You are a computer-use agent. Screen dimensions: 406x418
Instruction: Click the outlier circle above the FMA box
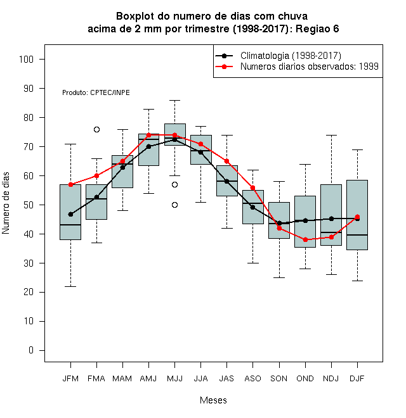tap(96, 130)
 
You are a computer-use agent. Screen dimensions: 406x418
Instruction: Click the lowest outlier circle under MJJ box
tap(174, 205)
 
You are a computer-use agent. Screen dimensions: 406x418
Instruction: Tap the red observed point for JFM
tap(71, 184)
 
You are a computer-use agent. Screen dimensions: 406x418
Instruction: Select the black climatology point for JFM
tap(71, 214)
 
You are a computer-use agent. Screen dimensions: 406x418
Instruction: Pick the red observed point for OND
tap(306, 239)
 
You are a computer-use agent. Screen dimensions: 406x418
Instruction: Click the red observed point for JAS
tap(226, 161)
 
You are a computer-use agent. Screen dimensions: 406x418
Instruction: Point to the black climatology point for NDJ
tap(332, 219)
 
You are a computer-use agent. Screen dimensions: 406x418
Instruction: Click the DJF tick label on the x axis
tap(357, 379)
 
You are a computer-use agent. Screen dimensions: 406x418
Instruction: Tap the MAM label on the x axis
tap(122, 379)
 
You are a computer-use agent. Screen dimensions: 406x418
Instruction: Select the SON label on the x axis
tap(279, 379)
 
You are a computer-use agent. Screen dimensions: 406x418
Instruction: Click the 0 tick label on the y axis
tap(31, 350)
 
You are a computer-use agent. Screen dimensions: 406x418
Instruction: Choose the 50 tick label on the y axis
tap(29, 205)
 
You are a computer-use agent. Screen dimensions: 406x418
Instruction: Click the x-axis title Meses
tap(213, 400)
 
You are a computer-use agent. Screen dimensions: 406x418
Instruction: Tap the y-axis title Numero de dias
tap(6, 203)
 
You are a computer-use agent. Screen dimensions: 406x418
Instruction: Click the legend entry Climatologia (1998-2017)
tap(291, 56)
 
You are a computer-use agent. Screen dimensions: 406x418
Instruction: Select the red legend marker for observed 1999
tap(225, 66)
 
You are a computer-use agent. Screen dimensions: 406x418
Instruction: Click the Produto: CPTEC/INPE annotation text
tap(96, 92)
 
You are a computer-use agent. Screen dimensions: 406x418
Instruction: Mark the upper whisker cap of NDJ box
tap(332, 136)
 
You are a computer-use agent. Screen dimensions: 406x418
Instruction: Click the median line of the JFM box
tap(70, 225)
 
